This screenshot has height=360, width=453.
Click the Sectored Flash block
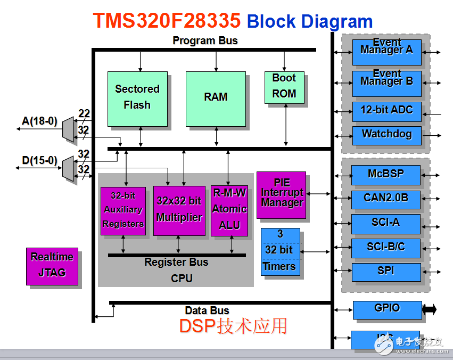coord(137,98)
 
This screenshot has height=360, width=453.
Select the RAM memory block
coord(216,98)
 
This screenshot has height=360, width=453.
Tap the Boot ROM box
coord(284,87)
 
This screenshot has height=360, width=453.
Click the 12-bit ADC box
coord(386,111)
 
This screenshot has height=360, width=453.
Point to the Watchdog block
coord(386,135)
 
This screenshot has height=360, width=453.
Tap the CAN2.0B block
coord(385,199)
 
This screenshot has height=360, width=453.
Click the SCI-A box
coord(385,223)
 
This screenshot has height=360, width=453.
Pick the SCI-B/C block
coord(385,248)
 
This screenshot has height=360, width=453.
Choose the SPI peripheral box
coord(385,272)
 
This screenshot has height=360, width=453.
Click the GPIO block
coord(387,309)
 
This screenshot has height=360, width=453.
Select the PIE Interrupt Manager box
coord(282,194)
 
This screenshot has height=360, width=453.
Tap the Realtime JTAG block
coord(52,266)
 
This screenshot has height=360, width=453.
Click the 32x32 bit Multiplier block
coord(179,210)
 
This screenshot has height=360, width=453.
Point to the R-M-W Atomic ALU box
coord(229,210)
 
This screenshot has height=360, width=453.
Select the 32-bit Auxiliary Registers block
coord(123,210)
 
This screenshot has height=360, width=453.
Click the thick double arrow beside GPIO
coord(429,309)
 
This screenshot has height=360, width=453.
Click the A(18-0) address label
coord(39,121)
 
